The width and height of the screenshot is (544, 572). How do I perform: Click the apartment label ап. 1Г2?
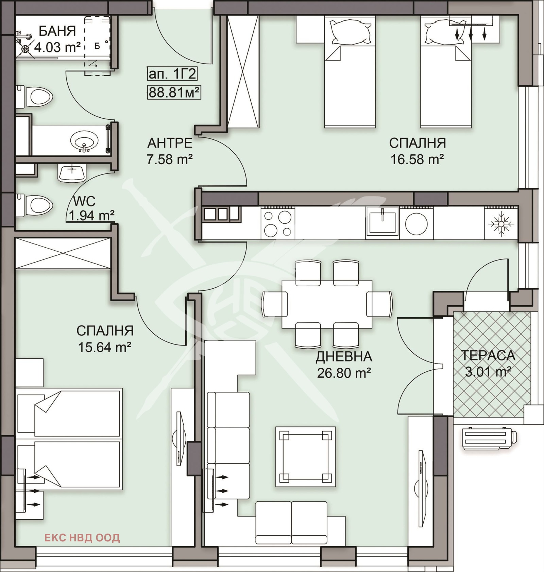(172, 73)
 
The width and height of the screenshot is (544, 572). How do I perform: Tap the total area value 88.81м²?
(174, 92)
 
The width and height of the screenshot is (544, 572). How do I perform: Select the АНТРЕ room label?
(170, 143)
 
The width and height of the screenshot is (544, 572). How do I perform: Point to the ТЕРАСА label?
(488, 355)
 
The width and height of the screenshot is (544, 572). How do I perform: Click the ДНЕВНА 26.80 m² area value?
(344, 373)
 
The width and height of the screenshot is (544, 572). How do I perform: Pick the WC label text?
(84, 201)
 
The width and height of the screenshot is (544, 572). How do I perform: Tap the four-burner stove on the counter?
(278, 223)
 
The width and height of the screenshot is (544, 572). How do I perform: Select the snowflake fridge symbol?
(501, 224)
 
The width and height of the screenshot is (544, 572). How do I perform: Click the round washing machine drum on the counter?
(416, 224)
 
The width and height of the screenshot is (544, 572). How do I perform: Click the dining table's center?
(327, 304)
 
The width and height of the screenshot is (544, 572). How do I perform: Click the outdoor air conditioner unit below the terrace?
(489, 438)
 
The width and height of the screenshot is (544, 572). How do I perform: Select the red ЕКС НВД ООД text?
(82, 538)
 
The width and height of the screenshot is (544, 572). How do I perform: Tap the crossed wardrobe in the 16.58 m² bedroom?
(243, 72)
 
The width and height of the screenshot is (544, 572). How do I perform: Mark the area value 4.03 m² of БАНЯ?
(57, 47)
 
